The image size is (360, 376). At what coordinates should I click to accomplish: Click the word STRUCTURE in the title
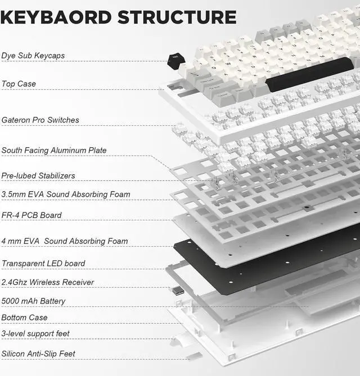tap(177, 16)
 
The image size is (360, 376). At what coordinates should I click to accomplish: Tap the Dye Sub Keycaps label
tap(33, 56)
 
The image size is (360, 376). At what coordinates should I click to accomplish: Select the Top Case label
tap(19, 84)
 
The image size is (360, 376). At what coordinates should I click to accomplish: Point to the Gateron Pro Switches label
tap(40, 120)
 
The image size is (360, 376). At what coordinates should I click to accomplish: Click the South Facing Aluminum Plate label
tap(54, 150)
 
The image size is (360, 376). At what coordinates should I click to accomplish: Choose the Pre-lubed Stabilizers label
tap(38, 175)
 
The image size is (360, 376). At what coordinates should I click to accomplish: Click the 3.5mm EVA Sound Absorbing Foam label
tap(66, 194)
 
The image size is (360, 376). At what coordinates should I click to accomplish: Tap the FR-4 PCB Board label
tap(31, 215)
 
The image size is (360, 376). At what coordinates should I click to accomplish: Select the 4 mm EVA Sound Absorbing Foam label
tap(65, 241)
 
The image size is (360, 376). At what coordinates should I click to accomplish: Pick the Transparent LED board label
tap(43, 263)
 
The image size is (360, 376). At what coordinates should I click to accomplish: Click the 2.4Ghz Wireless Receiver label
tap(48, 282)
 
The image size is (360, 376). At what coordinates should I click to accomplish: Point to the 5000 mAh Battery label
tap(33, 301)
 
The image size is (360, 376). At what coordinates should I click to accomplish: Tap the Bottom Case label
tap(24, 318)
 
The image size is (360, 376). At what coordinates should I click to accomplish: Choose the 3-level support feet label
tap(35, 334)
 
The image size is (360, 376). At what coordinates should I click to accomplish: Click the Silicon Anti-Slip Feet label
tap(38, 354)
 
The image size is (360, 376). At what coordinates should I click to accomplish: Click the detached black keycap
tap(176, 60)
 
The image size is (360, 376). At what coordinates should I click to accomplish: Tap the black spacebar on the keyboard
tap(309, 74)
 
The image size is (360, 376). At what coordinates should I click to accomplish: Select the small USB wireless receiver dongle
tap(177, 291)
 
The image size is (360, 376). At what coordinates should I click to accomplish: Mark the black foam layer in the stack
tap(264, 259)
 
